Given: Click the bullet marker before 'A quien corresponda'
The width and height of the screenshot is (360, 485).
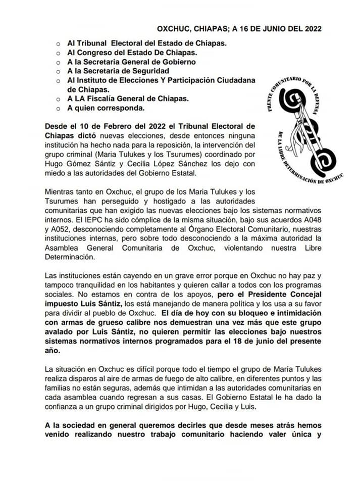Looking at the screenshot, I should (x=58, y=108).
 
